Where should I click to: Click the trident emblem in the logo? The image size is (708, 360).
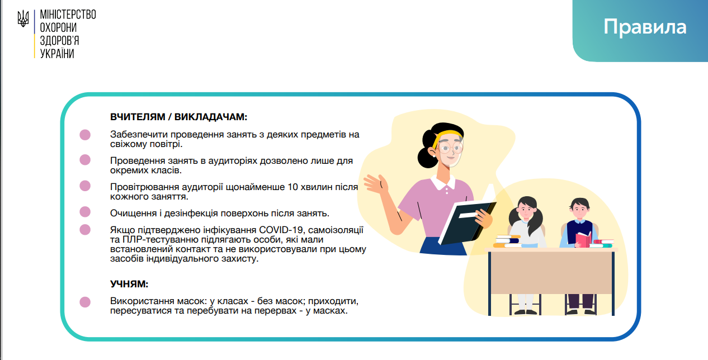pos(23,18)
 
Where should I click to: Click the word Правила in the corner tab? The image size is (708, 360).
pos(645,27)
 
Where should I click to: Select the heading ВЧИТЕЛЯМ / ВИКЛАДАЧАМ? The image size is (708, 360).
pos(178,117)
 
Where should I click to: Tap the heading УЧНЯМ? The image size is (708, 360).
pos(129,284)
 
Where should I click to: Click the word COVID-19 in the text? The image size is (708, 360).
pos(282,230)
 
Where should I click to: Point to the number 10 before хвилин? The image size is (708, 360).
pos(292,187)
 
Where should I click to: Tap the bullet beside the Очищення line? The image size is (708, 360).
pos(85,212)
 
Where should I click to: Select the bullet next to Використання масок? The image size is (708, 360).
pos(85,302)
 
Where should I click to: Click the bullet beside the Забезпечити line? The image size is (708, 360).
pos(85,135)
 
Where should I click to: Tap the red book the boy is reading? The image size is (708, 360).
pos(583,240)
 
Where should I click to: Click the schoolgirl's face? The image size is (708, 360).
pos(526,210)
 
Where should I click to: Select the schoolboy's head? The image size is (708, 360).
pos(580,209)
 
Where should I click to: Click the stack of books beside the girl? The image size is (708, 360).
pos(507,241)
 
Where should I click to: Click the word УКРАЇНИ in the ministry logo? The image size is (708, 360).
pos(57,54)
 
